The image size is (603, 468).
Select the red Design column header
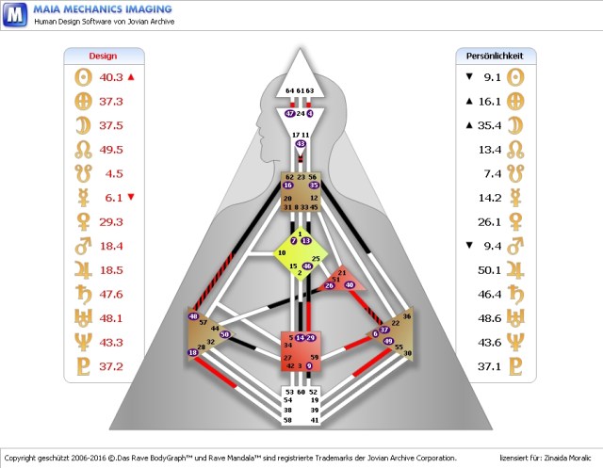click(103, 56)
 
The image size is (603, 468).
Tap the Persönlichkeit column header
click(495, 56)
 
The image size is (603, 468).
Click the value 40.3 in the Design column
click(111, 78)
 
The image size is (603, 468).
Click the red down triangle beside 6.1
click(131, 198)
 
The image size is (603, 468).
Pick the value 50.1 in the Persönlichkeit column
click(488, 269)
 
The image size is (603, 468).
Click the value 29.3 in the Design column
click(111, 221)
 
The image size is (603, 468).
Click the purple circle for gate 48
click(194, 316)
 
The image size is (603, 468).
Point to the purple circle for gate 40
click(350, 284)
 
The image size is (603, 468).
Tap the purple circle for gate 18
click(193, 353)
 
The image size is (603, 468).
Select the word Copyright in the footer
click(21, 455)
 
